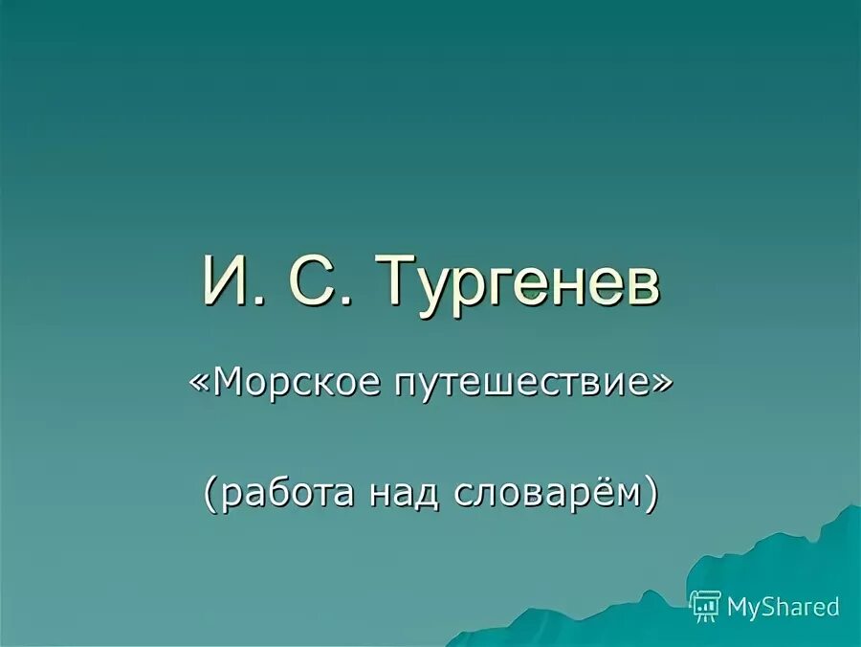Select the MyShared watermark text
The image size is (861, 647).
point(783,606)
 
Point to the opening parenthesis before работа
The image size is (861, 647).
point(208,493)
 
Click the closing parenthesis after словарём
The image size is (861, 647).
point(651,493)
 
